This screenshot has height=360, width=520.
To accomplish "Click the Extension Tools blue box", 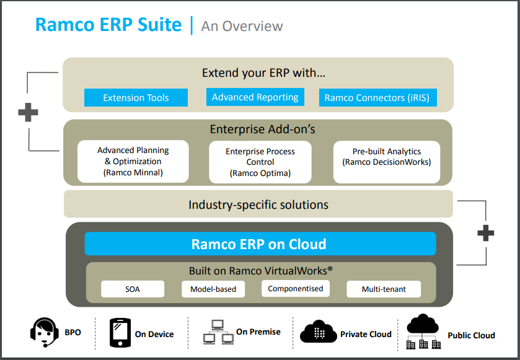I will coord(136,98).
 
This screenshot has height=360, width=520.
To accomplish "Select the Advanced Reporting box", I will coord(255,97).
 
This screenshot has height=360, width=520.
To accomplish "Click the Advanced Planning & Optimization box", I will coord(133,162).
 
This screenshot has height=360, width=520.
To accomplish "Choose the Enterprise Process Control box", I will coord(260,162).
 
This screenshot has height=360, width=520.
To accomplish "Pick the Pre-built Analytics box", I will coord(386,162).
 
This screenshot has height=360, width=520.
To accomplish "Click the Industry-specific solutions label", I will coord(258,204).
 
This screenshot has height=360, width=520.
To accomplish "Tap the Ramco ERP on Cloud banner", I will coord(260,244).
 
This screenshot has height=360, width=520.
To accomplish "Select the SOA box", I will coord(132,289).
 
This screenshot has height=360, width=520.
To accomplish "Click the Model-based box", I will coord(213,289).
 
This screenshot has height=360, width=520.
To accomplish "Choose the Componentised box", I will coord(295,289).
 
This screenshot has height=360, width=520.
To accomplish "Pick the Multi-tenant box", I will coord(383,289).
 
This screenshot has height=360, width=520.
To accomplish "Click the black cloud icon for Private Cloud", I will coord(318,333).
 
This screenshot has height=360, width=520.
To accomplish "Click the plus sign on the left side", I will coord(28,112).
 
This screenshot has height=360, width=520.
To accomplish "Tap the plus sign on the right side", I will coord(486,233).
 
